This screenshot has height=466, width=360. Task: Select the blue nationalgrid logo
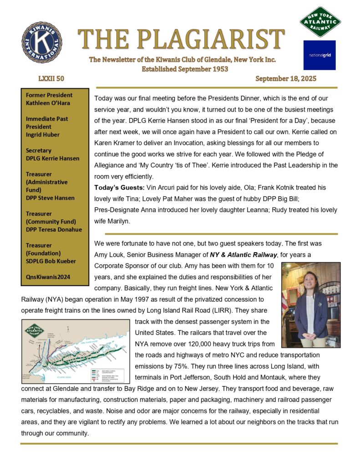pyautogui.click(x=319, y=55)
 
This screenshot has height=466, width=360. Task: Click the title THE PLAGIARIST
pyautogui.click(x=181, y=40)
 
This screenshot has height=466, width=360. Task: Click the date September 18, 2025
pyautogui.click(x=286, y=79)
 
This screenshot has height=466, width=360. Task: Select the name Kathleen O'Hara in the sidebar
pyautogui.click(x=48, y=103)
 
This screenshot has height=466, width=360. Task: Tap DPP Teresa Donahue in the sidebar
pyautogui.click(x=54, y=229)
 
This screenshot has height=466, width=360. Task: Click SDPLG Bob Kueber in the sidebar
pyautogui.click(x=51, y=261)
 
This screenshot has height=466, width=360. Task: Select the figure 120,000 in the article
pyautogui.click(x=222, y=344)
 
